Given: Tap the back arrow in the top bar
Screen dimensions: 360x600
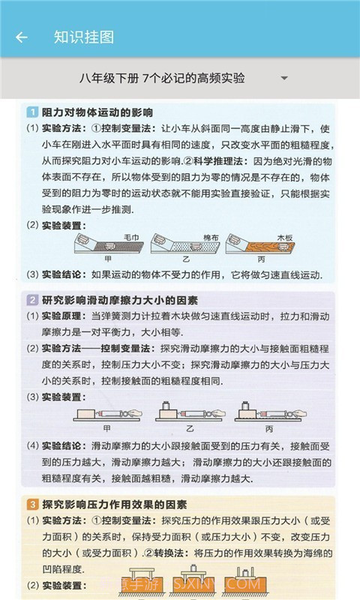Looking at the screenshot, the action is [21, 37].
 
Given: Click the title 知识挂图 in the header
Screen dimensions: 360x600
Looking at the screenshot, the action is [84, 37].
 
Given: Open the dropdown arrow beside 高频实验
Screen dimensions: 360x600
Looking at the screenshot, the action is [283, 78].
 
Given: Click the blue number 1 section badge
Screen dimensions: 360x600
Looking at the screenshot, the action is [32, 112].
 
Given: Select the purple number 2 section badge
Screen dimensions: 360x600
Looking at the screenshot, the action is [32, 300].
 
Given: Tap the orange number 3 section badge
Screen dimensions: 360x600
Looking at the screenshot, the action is [32, 504].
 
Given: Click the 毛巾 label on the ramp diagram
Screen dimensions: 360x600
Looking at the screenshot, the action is [132, 237].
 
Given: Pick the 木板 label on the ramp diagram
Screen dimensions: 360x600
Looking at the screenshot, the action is [285, 237].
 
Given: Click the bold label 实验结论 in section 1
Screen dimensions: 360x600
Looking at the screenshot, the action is [61, 274].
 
